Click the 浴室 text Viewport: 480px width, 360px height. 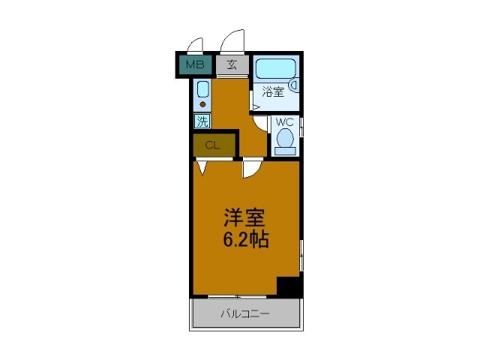click(x=273, y=92)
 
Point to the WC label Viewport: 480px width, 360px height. click(x=284, y=122)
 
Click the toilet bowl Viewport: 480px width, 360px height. click(x=284, y=139)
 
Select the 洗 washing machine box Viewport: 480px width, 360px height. click(x=202, y=120)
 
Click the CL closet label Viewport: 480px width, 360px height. click(x=212, y=145)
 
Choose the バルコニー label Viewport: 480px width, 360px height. click(x=244, y=313)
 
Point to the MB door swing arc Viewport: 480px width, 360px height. click(x=196, y=43)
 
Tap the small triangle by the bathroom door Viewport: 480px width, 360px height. click(x=256, y=108)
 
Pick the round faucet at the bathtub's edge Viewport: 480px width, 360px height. click(x=295, y=85)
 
